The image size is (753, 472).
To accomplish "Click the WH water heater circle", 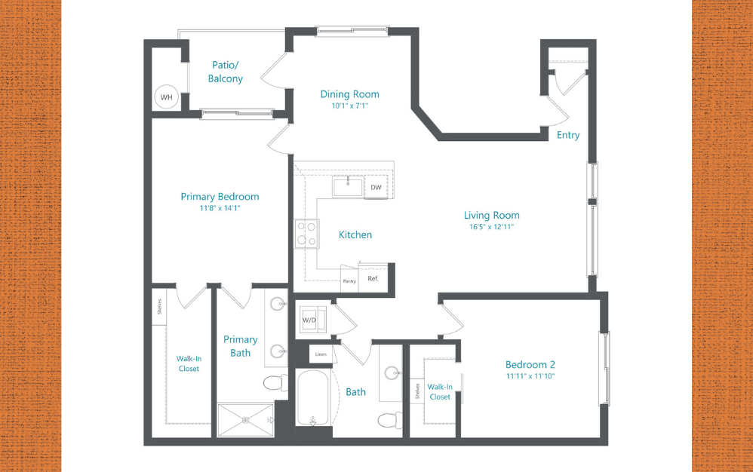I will pyautogui.click(x=166, y=97).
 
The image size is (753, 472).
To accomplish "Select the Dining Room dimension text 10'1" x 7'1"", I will pyautogui.click(x=349, y=106).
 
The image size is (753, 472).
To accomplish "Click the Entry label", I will pyautogui.click(x=568, y=135).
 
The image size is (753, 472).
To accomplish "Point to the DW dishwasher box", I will pyautogui.click(x=376, y=187).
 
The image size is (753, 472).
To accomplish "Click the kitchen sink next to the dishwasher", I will pyautogui.click(x=348, y=185).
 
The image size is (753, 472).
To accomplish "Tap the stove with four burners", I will pyautogui.click(x=306, y=233).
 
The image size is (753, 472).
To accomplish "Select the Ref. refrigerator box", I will pyautogui.click(x=373, y=277).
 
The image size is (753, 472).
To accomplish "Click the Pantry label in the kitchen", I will pyautogui.click(x=349, y=280).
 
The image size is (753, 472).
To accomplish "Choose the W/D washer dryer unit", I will pyautogui.click(x=311, y=319).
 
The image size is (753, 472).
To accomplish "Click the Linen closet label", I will pyautogui.click(x=321, y=354).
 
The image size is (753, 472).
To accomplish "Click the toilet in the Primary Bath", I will pyautogui.click(x=275, y=383).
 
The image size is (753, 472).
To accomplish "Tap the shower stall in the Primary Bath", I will pyautogui.click(x=247, y=420).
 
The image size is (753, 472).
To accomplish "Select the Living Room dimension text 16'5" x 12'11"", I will pyautogui.click(x=492, y=226).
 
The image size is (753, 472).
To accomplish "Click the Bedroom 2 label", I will pyautogui.click(x=530, y=364).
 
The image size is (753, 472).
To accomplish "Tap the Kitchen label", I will pyautogui.click(x=355, y=234).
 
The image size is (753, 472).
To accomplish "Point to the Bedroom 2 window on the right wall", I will pyautogui.click(x=603, y=367).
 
